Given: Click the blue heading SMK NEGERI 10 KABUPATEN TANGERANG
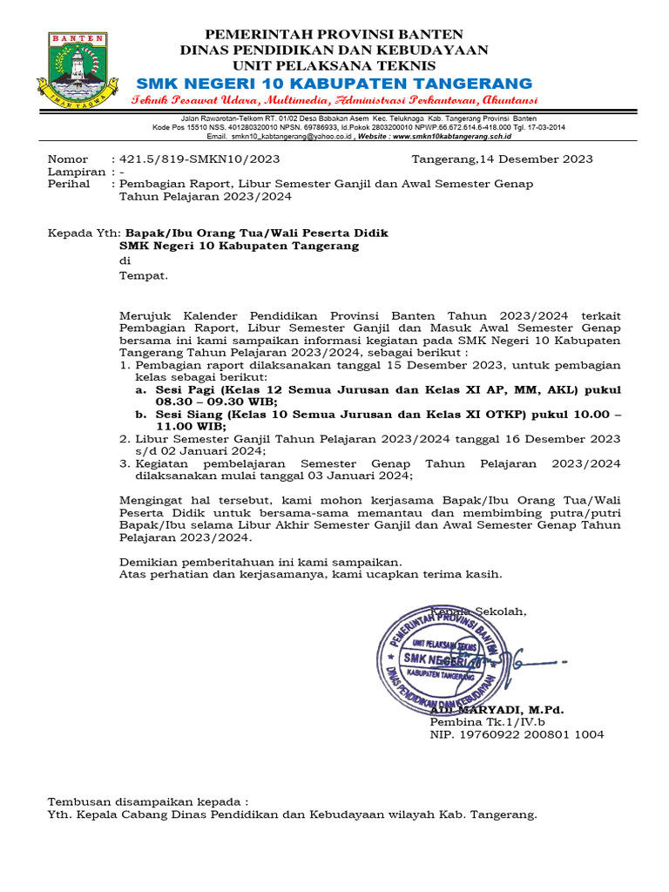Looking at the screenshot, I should coord(334,83).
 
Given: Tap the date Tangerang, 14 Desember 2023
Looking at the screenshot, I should coord(502,159).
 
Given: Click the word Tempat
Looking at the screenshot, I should coord(143,276).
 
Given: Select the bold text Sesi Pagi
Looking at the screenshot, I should coord(185,390).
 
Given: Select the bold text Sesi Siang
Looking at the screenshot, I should coord(188,415).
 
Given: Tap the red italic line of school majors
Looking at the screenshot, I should coord(334,101).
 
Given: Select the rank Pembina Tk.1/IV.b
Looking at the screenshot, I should coord(487,722).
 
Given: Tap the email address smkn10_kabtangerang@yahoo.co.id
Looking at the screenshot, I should coord(291,137).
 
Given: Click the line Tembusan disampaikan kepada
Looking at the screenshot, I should coord(147,801).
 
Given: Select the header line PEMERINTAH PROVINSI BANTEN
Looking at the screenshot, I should coord(334,34).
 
